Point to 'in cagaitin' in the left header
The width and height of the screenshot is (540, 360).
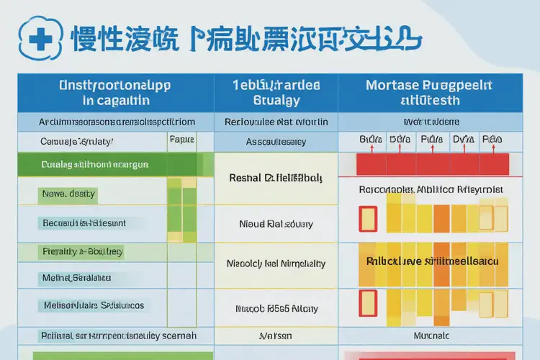[116, 101]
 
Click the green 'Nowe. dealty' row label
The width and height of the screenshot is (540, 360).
[68, 194]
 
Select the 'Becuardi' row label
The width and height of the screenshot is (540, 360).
[84, 223]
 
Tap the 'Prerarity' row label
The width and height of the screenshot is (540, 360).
[81, 252]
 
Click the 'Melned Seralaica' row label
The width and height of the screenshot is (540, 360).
[76, 277]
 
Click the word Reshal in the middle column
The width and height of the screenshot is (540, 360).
[248, 177]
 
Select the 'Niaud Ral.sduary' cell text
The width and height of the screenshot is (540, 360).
[276, 224]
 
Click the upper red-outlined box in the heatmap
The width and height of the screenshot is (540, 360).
[368, 218]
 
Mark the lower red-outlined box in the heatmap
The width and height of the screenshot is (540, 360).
[368, 302]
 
